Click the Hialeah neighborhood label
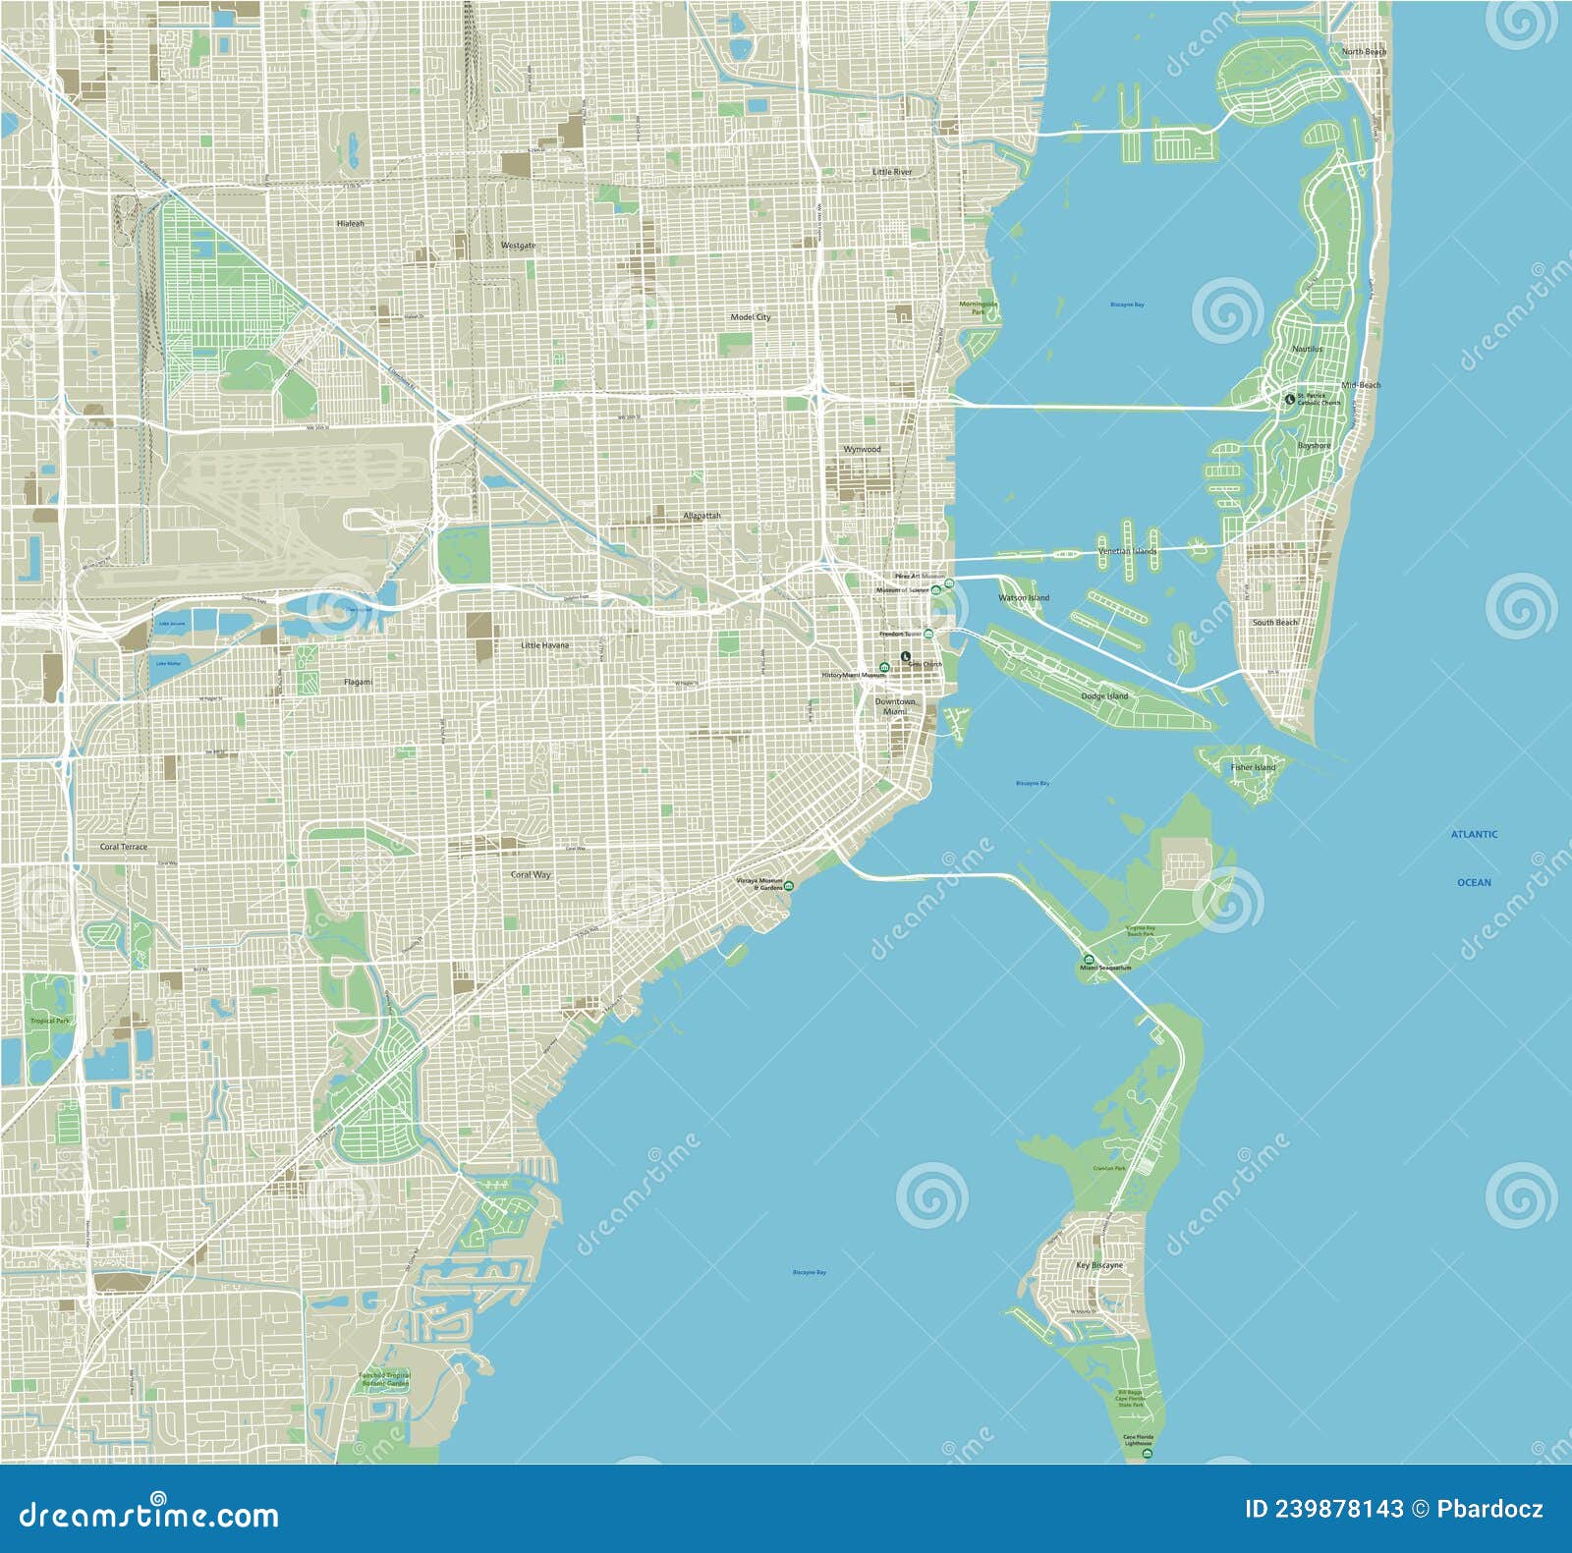pos(350,224)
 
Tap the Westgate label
pos(518,246)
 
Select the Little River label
pos(892,172)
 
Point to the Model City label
pos(750,317)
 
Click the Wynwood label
pos(862,449)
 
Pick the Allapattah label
pos(702,516)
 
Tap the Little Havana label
pos(544,645)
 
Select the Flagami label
pos(358,682)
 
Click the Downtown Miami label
pos(894,706)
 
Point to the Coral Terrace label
pos(124,847)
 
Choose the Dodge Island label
pos(1104,696)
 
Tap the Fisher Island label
pos(1253,767)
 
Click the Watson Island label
pos(1024,597)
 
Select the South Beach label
pos(1274,623)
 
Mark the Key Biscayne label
pos(1098,1265)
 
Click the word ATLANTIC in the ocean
pos(1474,834)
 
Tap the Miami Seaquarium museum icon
pos(1088,959)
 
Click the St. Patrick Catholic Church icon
pos(1290,399)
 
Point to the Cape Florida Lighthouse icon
pos(1148,1453)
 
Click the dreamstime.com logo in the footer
pos(149,1515)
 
